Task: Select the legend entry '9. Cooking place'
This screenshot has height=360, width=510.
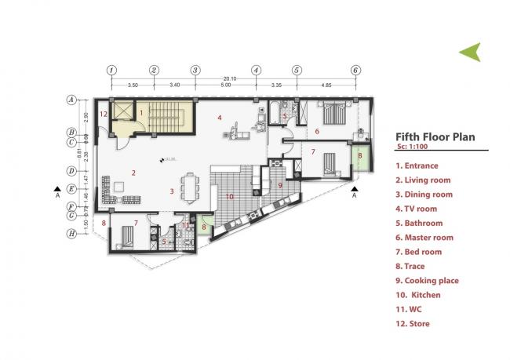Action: [x=427, y=281]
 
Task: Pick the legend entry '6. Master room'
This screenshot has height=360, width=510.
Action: [x=424, y=238]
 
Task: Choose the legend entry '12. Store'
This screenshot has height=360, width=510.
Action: [x=413, y=323]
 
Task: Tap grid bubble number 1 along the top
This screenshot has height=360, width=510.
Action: [x=112, y=69]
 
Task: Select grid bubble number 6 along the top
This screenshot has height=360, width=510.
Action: [x=355, y=69]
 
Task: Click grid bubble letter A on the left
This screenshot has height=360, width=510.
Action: [x=71, y=100]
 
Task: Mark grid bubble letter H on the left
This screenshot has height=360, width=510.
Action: [x=71, y=234]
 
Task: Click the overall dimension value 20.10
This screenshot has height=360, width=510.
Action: [x=230, y=78]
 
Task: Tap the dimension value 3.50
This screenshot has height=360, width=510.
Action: [x=133, y=84]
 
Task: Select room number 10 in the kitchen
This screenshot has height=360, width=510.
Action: [x=229, y=196]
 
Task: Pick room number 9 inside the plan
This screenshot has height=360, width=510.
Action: [x=279, y=185]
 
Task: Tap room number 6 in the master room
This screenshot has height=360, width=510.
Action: [x=317, y=131]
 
